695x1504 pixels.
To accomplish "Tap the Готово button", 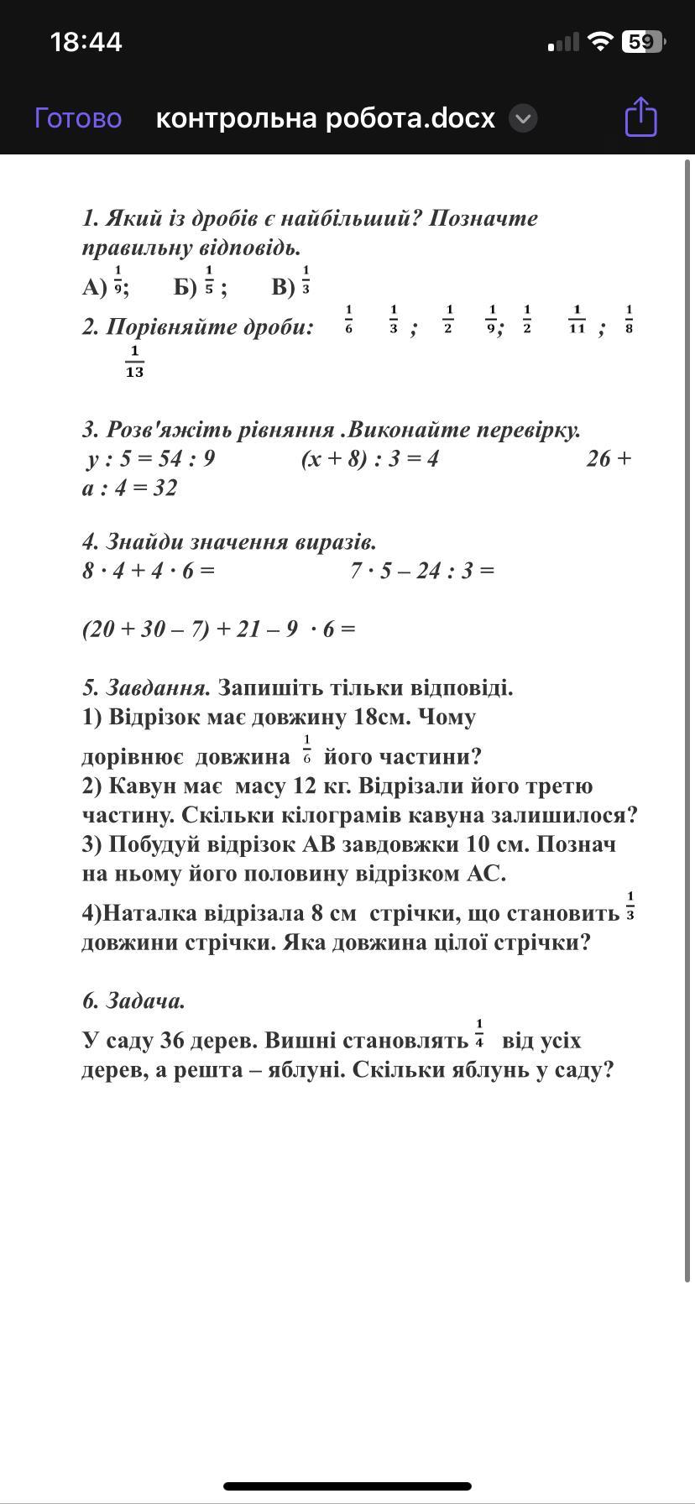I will [x=78, y=118].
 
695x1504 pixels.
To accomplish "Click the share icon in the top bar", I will [x=640, y=117].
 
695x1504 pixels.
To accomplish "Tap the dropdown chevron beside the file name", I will [x=523, y=118].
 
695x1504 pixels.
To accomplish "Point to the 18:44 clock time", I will [x=86, y=42].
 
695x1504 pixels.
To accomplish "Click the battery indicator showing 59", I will [x=642, y=42].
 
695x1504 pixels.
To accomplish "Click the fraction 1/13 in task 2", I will [x=134, y=362].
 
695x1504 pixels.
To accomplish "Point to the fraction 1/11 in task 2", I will [x=577, y=320].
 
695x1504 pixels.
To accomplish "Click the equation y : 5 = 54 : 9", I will [x=151, y=459].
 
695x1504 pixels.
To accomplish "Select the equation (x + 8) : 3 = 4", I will [x=369, y=459].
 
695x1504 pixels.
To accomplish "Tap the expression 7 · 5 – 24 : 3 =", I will [x=422, y=571].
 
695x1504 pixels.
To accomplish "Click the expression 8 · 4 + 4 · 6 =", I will [x=149, y=571].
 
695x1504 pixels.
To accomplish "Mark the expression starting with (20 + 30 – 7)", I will [x=218, y=629].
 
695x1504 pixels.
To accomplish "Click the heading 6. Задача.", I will [x=133, y=1000].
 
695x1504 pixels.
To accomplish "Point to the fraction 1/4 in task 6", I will [x=479, y=1034].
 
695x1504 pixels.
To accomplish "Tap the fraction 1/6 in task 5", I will [x=307, y=749].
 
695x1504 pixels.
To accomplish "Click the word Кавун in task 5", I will [x=141, y=786].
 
